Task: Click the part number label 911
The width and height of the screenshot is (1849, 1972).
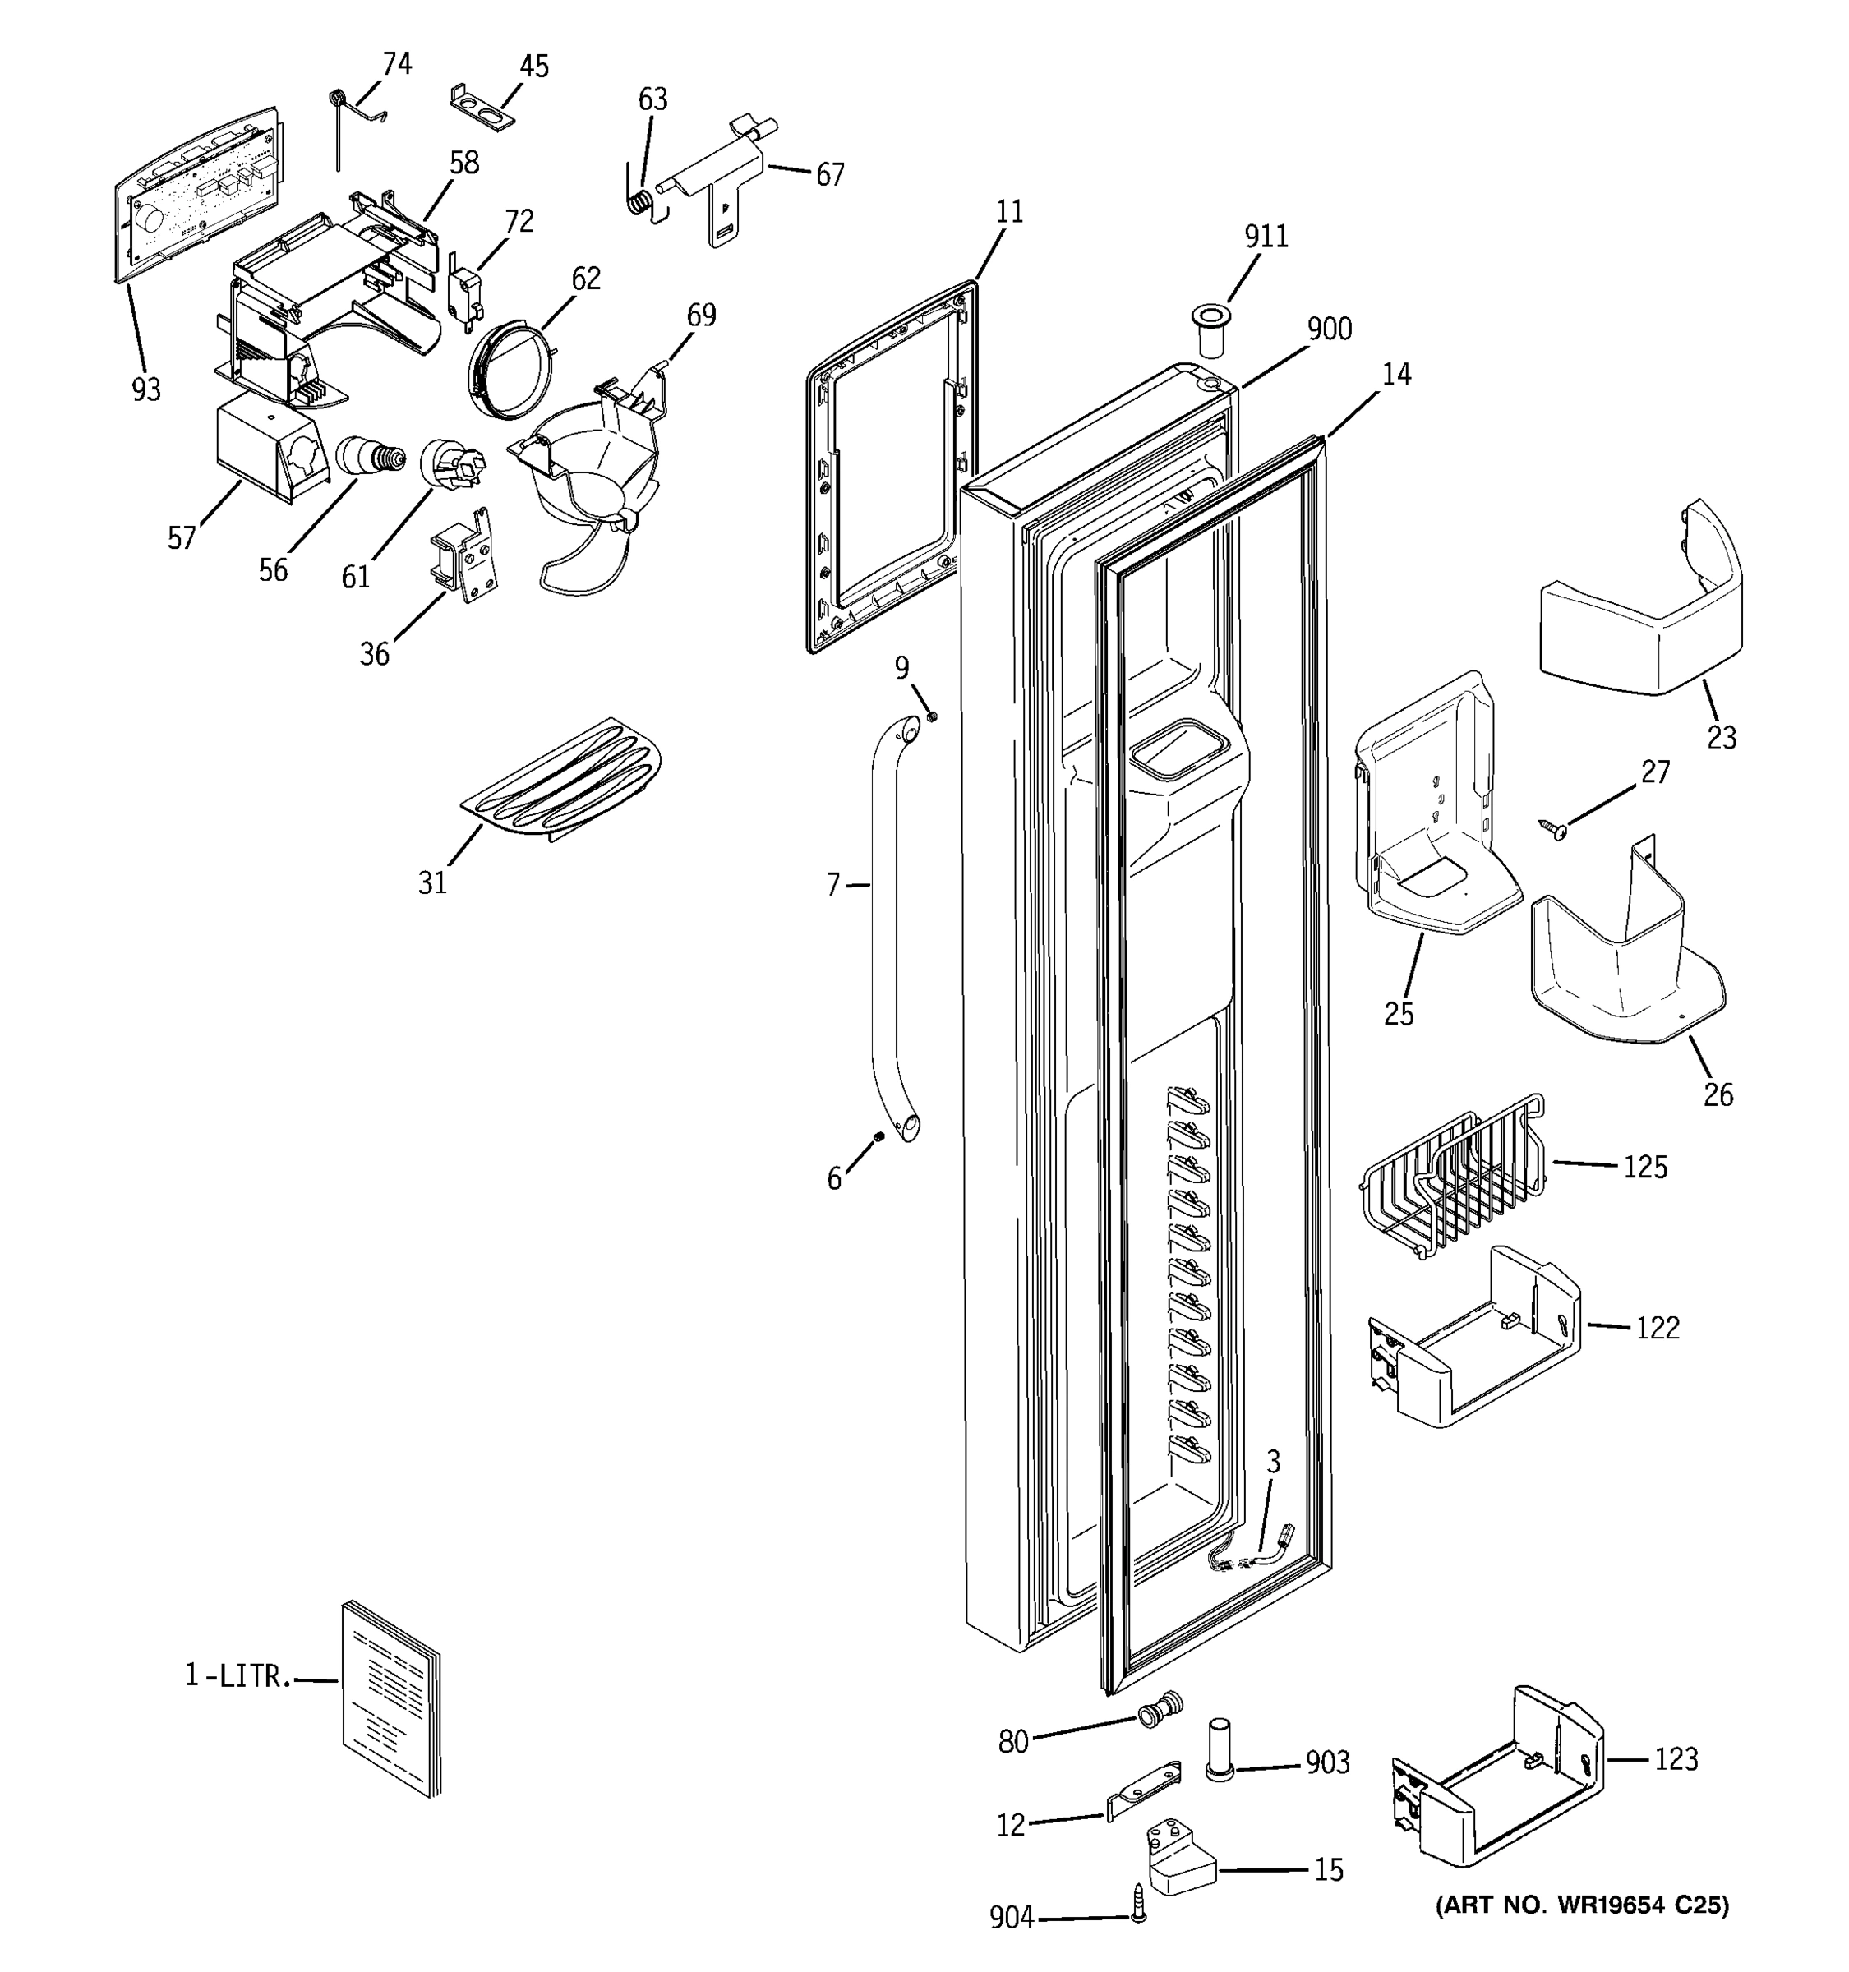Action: (x=1266, y=236)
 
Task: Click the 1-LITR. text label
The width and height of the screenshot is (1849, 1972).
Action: (x=238, y=1676)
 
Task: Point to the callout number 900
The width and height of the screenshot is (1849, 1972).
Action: (x=1329, y=329)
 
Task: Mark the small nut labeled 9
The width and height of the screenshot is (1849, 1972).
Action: (x=931, y=716)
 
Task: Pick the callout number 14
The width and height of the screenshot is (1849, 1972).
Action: (x=1395, y=374)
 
